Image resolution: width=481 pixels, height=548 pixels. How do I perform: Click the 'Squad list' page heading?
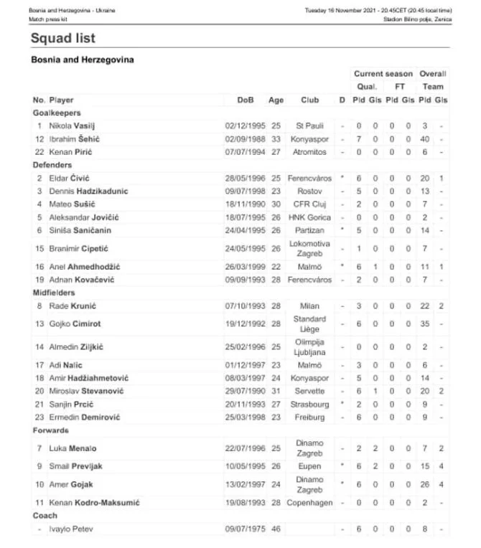63,38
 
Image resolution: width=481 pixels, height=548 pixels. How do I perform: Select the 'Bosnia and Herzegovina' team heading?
83,60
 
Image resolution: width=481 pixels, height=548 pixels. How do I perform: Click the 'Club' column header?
309,100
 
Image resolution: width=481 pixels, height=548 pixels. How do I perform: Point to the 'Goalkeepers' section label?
57,113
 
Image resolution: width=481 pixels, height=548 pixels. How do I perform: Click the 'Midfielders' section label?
55,293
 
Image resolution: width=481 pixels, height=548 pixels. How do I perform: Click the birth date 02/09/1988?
244,138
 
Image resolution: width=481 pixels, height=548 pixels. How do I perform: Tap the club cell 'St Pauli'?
310,126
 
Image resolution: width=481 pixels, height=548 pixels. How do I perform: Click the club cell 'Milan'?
310,306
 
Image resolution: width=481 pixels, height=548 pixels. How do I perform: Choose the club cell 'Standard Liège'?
310,323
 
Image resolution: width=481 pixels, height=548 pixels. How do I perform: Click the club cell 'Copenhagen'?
310,503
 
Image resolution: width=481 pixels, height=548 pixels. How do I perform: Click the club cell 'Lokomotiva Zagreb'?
310,248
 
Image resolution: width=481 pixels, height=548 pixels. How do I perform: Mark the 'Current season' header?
383,74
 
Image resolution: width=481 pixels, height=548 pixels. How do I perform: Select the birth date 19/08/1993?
244,503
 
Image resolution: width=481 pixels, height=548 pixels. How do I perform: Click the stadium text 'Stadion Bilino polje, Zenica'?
418,19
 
